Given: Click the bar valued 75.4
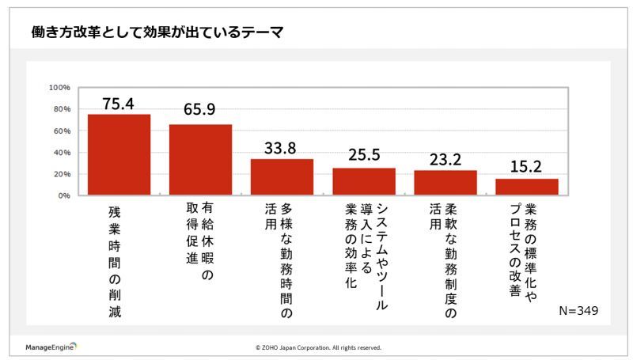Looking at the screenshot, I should click(x=119, y=154).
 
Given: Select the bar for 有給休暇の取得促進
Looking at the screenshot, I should click(x=200, y=160).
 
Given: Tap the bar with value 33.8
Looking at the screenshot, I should click(x=282, y=177).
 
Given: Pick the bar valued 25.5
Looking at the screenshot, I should click(x=363, y=181).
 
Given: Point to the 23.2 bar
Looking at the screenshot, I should click(x=445, y=183).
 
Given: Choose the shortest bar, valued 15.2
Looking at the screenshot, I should click(x=527, y=187).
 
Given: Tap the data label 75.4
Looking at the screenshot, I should click(x=119, y=102).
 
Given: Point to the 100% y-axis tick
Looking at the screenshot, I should click(x=60, y=87).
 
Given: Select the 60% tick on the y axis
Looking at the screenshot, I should click(x=62, y=131).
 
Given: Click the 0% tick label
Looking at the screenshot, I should click(x=64, y=195).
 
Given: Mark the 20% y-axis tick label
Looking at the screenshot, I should click(x=62, y=174).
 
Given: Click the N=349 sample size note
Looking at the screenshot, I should click(x=578, y=311).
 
